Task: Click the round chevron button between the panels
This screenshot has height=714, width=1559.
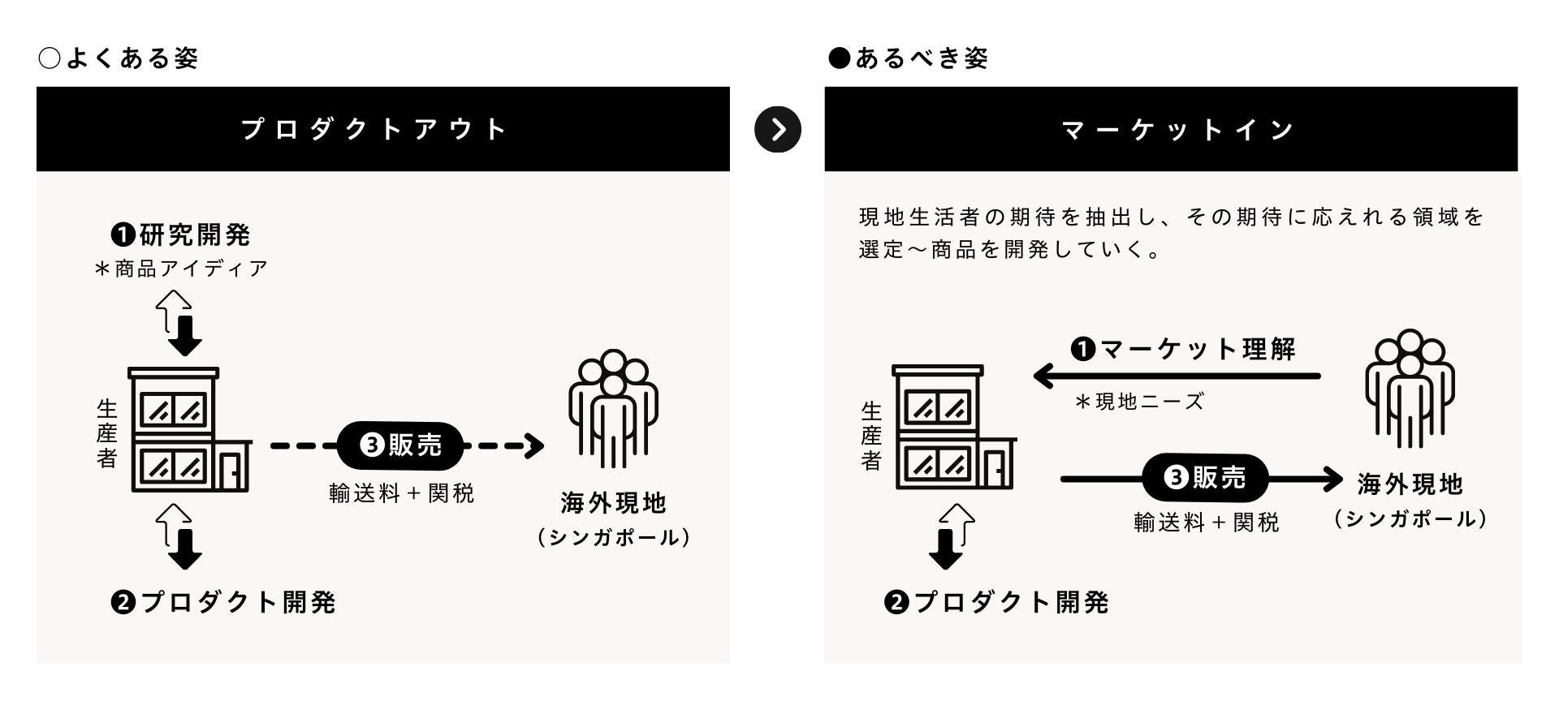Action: click(x=777, y=129)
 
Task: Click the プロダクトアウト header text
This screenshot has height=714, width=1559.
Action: click(x=375, y=129)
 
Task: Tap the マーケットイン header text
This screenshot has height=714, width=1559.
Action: click(x=1178, y=130)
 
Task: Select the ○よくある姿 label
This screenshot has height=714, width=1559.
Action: click(x=119, y=58)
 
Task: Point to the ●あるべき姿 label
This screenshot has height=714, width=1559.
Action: click(x=908, y=58)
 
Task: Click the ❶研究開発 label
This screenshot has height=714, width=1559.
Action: click(x=181, y=235)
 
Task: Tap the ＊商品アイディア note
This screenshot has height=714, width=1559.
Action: click(x=181, y=269)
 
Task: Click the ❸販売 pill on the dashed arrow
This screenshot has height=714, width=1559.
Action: click(x=401, y=445)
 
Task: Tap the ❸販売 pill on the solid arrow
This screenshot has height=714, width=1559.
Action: click(x=1205, y=478)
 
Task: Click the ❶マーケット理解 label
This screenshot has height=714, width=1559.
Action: click(x=1184, y=350)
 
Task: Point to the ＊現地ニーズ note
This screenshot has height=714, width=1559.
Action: click(x=1138, y=402)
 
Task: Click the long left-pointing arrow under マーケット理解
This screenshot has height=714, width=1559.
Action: click(x=1177, y=376)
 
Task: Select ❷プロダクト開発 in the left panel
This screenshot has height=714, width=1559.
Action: click(x=223, y=602)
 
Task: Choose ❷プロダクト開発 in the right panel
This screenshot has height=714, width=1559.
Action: click(x=996, y=602)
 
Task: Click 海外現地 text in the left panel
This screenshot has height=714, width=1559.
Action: click(x=613, y=503)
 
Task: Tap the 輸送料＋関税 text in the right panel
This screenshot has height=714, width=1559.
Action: click(x=1206, y=523)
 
